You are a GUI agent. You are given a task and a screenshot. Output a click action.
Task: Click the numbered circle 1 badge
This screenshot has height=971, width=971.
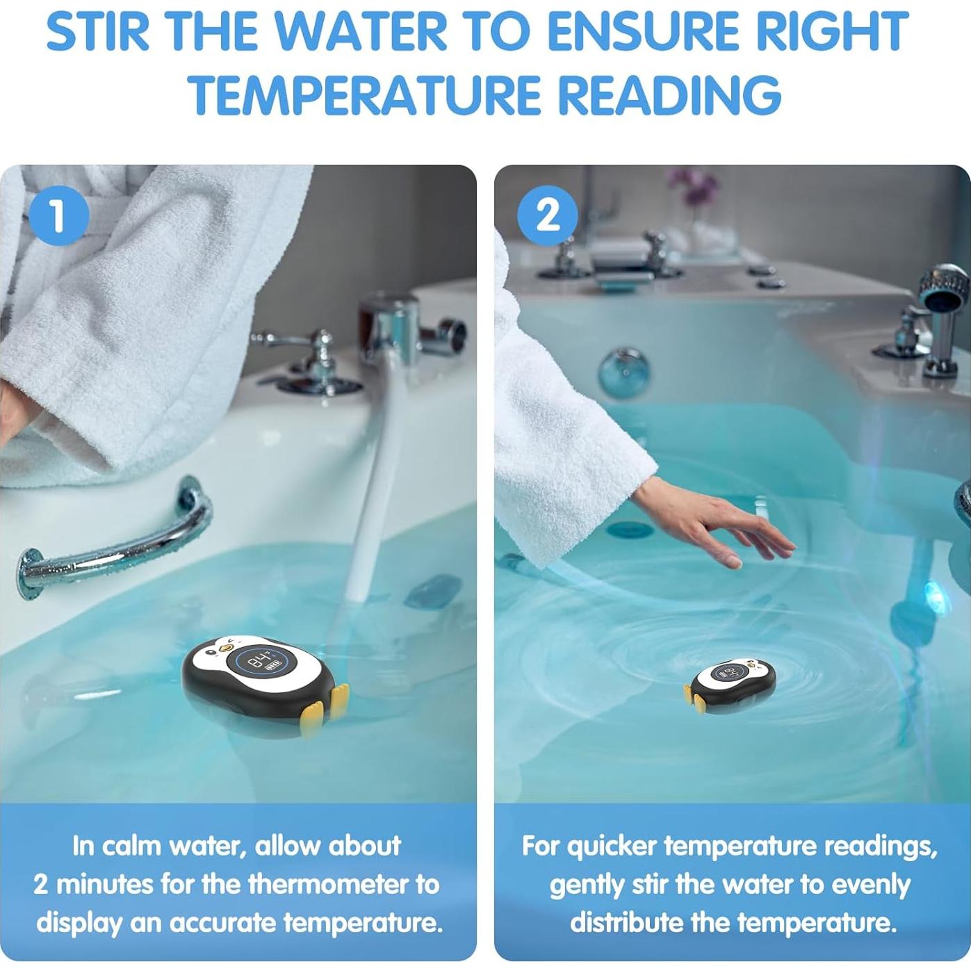59,215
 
